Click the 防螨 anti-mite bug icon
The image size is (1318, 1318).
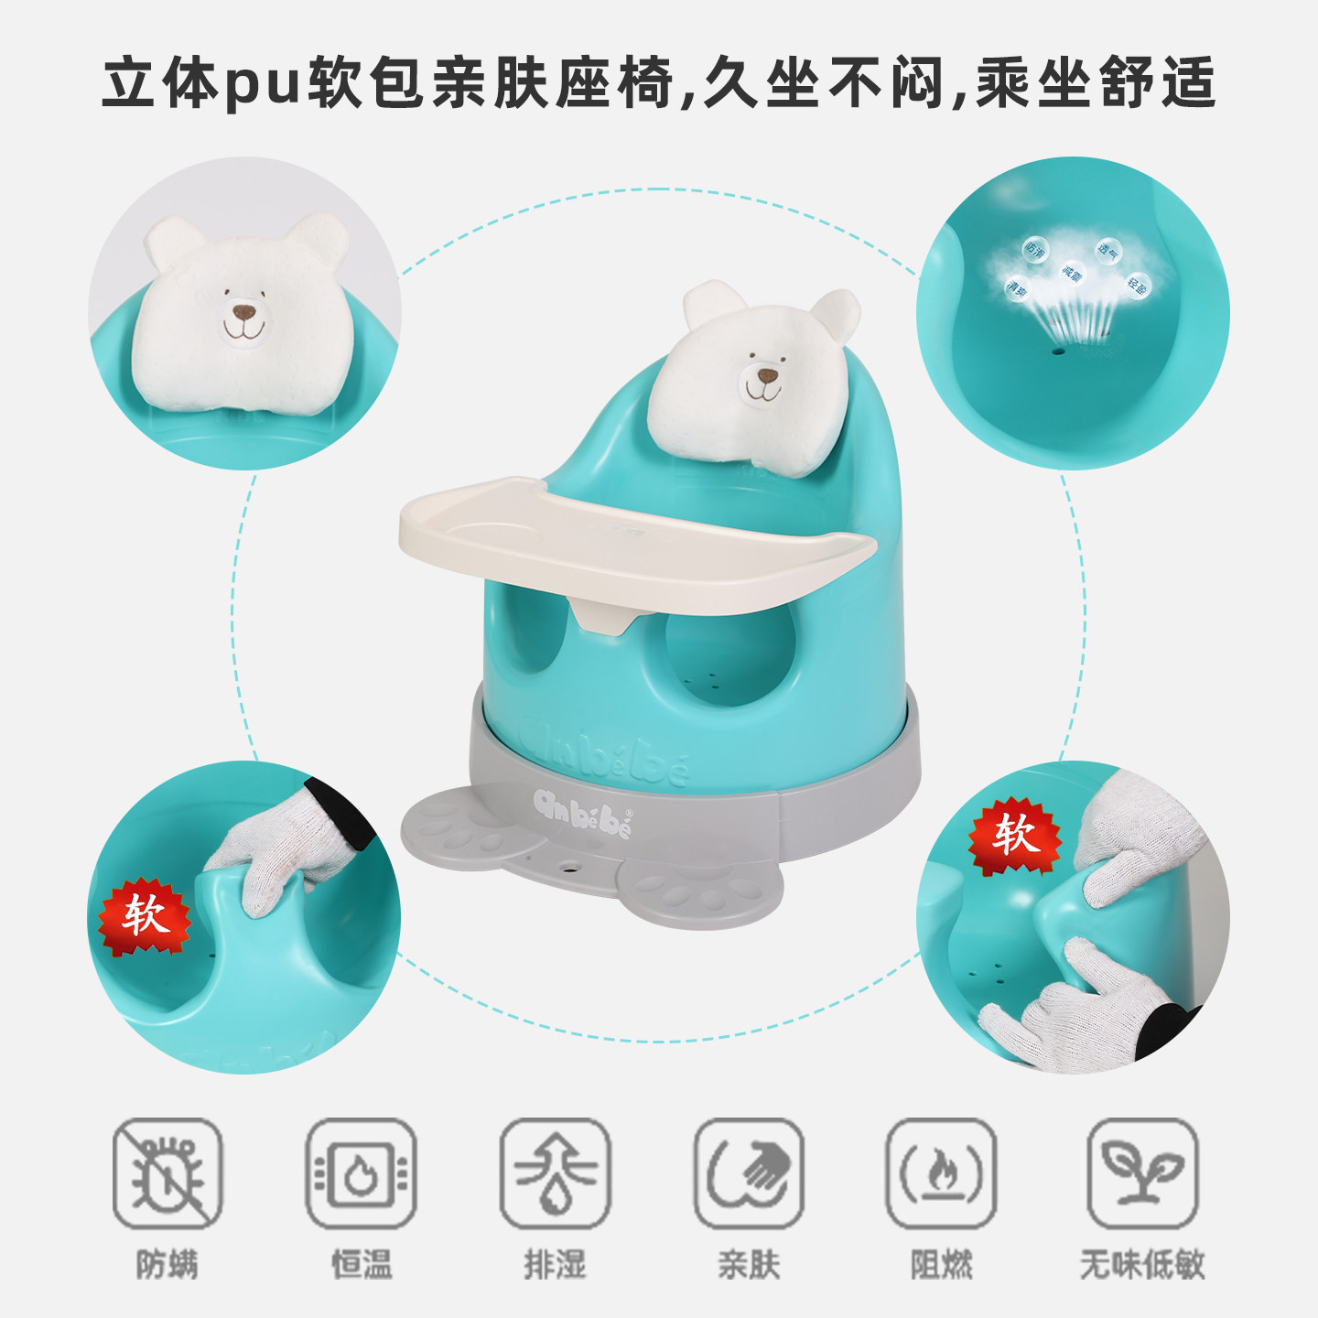pyautogui.click(x=167, y=1173)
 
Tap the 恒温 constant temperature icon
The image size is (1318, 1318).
pyautogui.click(x=362, y=1173)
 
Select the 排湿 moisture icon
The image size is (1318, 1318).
pyautogui.click(x=555, y=1173)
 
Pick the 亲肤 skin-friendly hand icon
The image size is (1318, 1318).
pyautogui.click(x=749, y=1173)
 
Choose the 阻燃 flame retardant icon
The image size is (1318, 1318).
pyautogui.click(x=941, y=1173)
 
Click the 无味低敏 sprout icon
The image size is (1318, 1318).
pyautogui.click(x=1142, y=1173)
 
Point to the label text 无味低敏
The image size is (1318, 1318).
pyautogui.click(x=1142, y=1265)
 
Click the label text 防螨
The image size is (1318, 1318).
pyautogui.click(x=167, y=1265)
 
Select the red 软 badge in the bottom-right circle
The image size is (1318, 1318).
pyautogui.click(x=1014, y=835)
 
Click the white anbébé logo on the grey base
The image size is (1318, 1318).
pyautogui.click(x=583, y=811)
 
